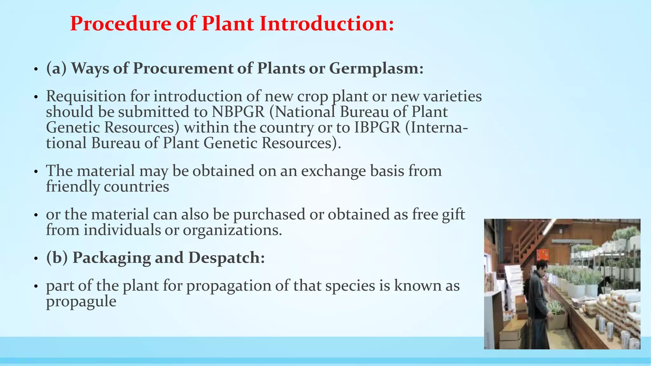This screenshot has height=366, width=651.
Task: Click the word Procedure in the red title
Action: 120,24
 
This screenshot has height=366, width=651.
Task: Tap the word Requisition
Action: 86,96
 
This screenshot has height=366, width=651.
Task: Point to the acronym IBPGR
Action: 377,127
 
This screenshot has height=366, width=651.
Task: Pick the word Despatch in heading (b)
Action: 226,257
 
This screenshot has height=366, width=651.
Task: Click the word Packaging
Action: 112,257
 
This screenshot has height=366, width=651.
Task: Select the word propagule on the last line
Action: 81,301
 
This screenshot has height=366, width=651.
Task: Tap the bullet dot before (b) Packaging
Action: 36,259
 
